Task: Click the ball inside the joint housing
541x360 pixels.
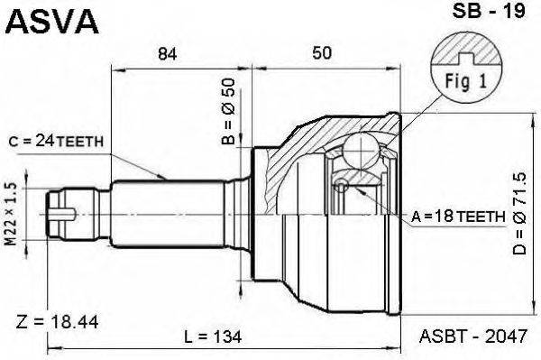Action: pyautogui.click(x=360, y=148)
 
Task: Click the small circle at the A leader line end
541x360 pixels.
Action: pyautogui.click(x=341, y=186)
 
